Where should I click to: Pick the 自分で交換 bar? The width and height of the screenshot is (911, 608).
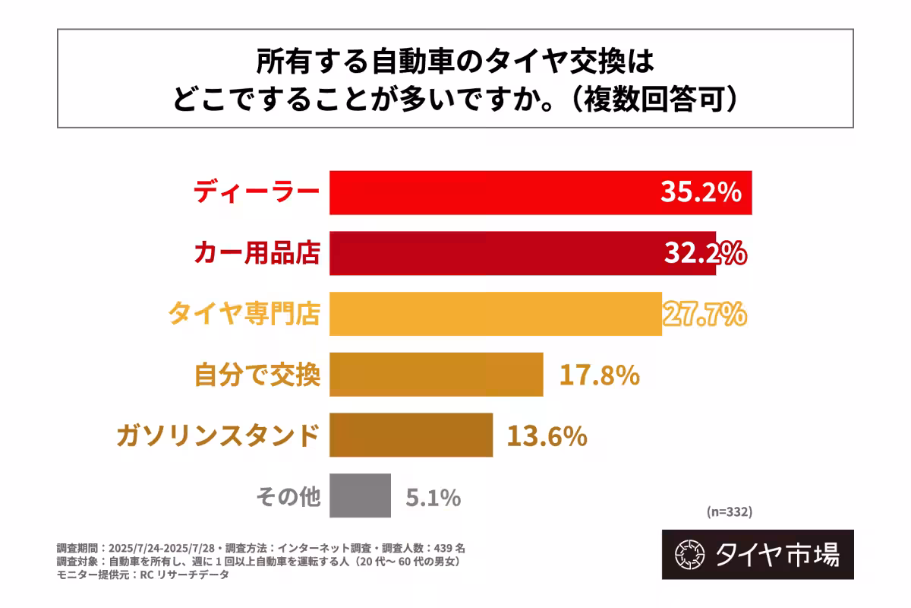pos(436,374)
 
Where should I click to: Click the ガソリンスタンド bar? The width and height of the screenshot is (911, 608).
pos(411,435)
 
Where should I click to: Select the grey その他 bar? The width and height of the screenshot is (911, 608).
pos(360,496)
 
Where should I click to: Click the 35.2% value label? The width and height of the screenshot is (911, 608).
pos(700,193)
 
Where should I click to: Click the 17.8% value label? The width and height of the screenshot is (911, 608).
pos(599,375)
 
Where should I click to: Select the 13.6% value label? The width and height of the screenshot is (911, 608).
pos(547,435)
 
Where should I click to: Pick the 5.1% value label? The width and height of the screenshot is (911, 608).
pos(433,498)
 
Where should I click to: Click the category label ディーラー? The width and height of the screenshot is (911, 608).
pos(256,192)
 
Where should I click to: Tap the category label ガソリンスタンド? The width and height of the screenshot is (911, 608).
pos(217,435)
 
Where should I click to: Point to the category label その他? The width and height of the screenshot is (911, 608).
pos(288,498)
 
